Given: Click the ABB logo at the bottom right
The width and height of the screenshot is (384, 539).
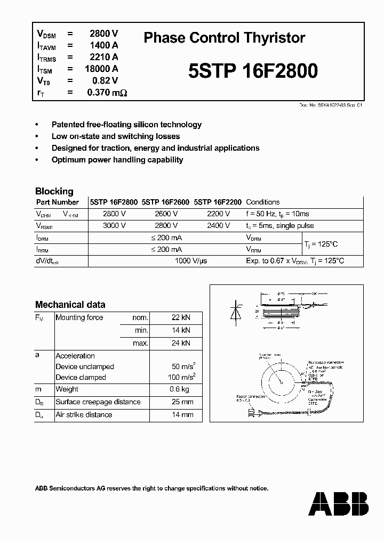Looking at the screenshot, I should pos(338,503).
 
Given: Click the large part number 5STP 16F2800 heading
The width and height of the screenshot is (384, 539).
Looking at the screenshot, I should pos(253,71).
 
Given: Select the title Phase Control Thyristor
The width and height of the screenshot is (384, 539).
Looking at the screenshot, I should pos(225,38).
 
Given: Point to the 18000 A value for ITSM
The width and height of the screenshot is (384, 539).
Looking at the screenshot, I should pos(101,69).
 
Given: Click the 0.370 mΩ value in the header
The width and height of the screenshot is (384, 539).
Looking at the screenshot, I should pos(107,92).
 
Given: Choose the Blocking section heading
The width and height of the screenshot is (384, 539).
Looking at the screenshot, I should pos(54,191).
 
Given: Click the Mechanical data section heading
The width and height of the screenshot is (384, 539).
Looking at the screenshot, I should pos(70,305).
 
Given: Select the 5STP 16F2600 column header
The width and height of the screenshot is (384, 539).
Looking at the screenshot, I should pos(165,202).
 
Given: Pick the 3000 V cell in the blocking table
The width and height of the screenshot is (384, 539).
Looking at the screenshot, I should pos(114,225).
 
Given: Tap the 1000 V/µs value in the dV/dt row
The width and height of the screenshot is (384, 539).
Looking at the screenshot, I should pos(191,261).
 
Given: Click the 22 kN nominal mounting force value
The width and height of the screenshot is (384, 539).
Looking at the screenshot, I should pos(180,317).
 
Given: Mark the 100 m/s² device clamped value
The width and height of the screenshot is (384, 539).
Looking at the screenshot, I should pos(180,377).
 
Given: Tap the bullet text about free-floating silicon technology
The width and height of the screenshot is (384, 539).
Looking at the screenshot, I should pos(126,125).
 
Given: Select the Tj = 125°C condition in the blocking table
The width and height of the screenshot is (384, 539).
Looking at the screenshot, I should pos(321,243).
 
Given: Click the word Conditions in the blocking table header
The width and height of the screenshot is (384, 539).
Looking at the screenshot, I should pos(263,202).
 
